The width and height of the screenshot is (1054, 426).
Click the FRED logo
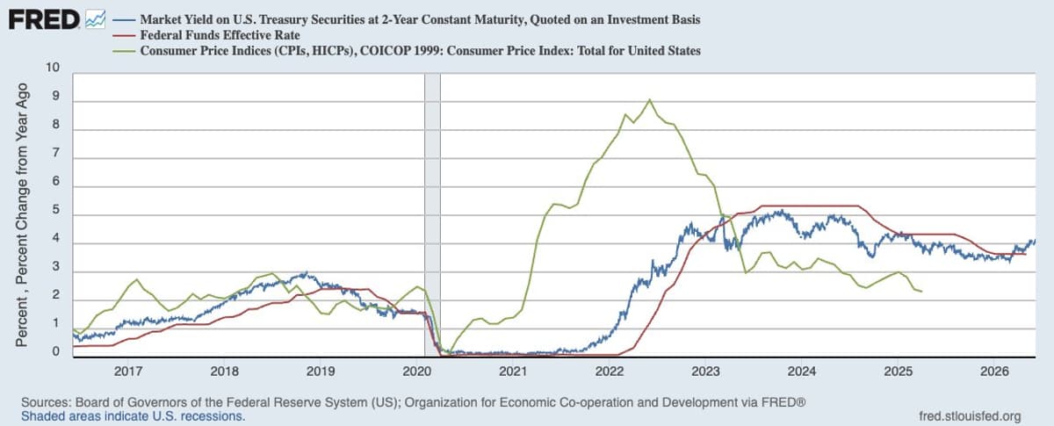point(44,20)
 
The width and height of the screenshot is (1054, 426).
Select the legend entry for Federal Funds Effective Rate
point(220,35)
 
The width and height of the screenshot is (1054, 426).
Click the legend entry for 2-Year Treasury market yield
point(420,20)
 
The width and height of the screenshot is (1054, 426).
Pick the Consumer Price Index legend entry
point(420,51)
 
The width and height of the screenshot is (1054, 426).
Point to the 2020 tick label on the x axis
point(416,372)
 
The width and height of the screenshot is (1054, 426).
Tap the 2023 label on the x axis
point(705,372)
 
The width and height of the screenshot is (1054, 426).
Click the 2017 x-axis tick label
point(128,372)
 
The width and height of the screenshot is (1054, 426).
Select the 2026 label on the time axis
point(994,372)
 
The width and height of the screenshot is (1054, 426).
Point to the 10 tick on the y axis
point(53,68)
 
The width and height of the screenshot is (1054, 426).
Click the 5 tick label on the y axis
point(56,209)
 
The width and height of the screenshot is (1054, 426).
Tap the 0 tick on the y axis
point(56,351)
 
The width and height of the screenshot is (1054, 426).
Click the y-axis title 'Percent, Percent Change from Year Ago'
point(22,215)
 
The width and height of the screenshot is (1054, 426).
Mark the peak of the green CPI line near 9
point(649,99)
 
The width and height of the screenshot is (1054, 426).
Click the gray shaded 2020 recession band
point(432,214)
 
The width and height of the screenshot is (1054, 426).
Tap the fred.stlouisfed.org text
point(971,416)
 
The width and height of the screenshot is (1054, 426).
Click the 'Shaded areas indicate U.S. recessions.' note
point(134,416)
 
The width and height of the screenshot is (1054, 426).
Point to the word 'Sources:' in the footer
point(46,402)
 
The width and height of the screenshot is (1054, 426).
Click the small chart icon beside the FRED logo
point(95,20)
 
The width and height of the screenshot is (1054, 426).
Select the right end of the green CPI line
point(921,292)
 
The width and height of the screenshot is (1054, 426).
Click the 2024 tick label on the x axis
point(802,372)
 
